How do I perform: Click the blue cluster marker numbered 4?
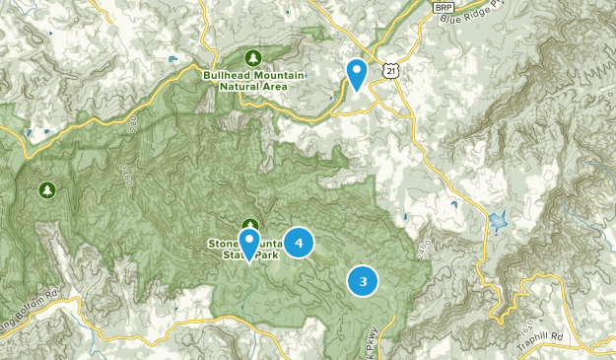(x=299, y=242)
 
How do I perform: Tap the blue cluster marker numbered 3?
(x=363, y=282)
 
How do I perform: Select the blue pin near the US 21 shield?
(x=357, y=73)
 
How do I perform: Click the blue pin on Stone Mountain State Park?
(x=249, y=244)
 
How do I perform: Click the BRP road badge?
(x=443, y=7)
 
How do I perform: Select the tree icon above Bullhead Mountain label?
(x=253, y=56)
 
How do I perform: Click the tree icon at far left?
(x=45, y=188)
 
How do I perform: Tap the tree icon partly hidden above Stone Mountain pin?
(x=250, y=225)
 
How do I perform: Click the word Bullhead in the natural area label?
(x=222, y=74)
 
